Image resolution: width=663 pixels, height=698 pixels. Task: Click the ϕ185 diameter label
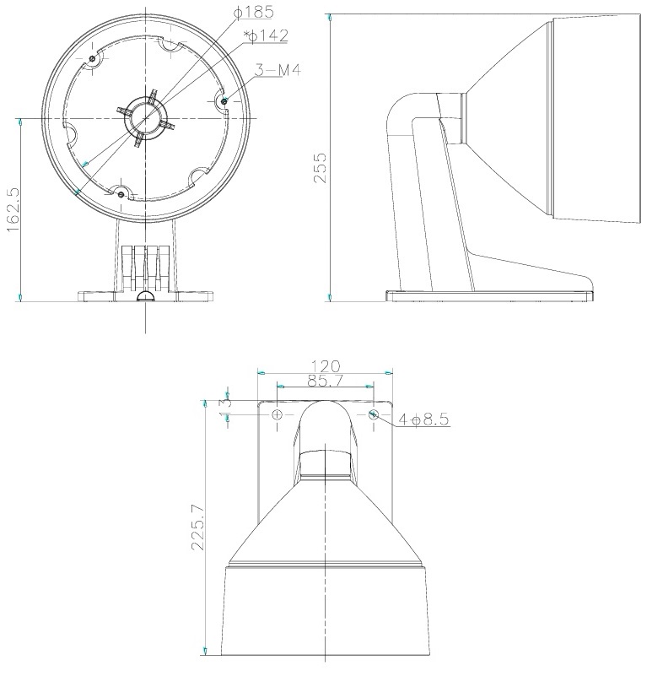[253, 12]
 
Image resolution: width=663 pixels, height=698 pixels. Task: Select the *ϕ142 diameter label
[266, 35]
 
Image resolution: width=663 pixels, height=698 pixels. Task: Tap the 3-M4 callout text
[278, 69]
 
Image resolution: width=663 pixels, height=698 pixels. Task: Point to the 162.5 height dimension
[13, 209]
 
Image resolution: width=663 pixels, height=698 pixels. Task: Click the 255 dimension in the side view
[320, 168]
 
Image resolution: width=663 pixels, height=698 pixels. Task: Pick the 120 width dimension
[326, 366]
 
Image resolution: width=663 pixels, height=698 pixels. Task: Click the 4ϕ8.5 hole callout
[423, 419]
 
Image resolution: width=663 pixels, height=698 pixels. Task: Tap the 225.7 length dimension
[197, 527]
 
